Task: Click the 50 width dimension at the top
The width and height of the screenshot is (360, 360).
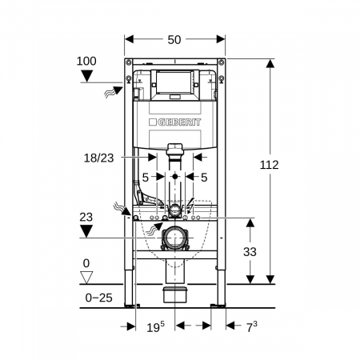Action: point(174,39)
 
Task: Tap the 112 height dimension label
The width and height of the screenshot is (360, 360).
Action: point(270,165)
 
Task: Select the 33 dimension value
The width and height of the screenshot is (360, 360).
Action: point(250,251)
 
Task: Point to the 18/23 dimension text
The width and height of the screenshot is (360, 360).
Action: point(98,158)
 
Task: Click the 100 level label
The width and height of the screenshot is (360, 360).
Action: point(86,61)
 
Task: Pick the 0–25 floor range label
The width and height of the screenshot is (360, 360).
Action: point(98,298)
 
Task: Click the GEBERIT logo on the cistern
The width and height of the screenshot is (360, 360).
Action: point(174,122)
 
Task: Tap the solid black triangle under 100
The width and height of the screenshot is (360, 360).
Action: point(87,76)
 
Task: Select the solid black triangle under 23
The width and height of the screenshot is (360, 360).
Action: point(86,231)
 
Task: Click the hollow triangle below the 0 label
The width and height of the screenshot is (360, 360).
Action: point(86,278)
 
